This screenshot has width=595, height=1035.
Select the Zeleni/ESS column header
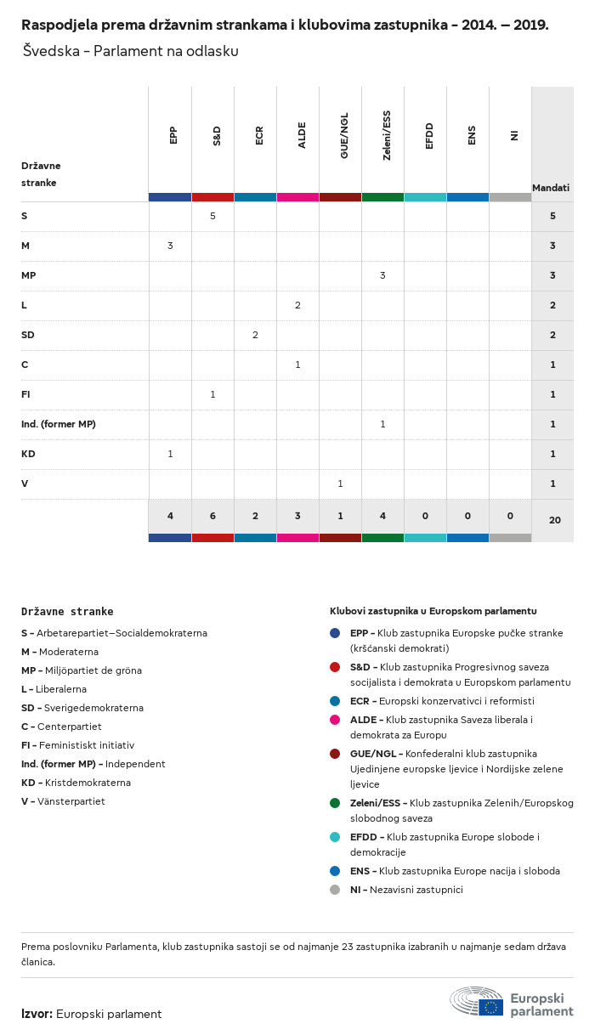click(x=387, y=136)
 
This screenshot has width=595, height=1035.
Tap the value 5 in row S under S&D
click(x=212, y=216)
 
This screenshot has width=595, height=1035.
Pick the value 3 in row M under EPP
click(x=170, y=246)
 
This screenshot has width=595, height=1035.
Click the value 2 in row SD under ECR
click(x=255, y=335)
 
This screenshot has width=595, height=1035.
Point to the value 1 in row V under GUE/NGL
click(x=340, y=484)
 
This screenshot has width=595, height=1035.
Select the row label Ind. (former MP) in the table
click(x=58, y=424)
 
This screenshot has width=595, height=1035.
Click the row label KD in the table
click(x=28, y=454)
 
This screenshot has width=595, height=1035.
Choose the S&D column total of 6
click(x=212, y=516)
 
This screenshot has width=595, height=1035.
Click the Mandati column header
click(x=551, y=187)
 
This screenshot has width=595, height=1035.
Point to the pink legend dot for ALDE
click(x=335, y=720)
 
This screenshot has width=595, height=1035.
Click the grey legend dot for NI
click(x=335, y=890)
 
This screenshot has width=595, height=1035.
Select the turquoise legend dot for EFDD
click(x=335, y=837)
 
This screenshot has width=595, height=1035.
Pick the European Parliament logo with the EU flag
click(x=512, y=1003)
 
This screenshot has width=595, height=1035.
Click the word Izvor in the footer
click(x=37, y=1014)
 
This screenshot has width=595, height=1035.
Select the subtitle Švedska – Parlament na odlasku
click(x=129, y=51)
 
